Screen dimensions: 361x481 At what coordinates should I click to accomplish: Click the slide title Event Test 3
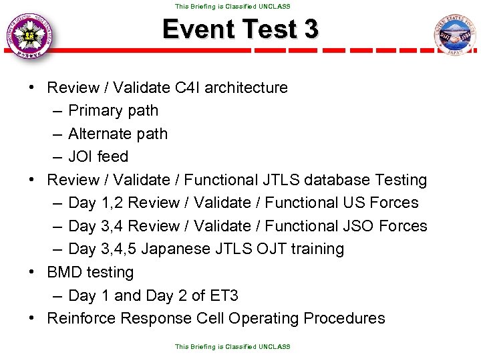click(240, 30)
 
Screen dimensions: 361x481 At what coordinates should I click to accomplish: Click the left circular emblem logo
click(29, 35)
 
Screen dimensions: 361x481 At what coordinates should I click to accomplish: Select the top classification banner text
click(232, 6)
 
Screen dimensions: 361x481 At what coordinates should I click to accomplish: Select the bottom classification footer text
click(232, 346)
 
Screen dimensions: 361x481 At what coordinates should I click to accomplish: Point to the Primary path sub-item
click(113, 111)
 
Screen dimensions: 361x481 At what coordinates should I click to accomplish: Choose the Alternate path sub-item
click(118, 134)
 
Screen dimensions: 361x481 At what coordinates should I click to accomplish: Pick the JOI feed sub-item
click(98, 157)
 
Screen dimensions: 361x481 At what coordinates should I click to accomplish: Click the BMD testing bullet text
click(90, 273)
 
